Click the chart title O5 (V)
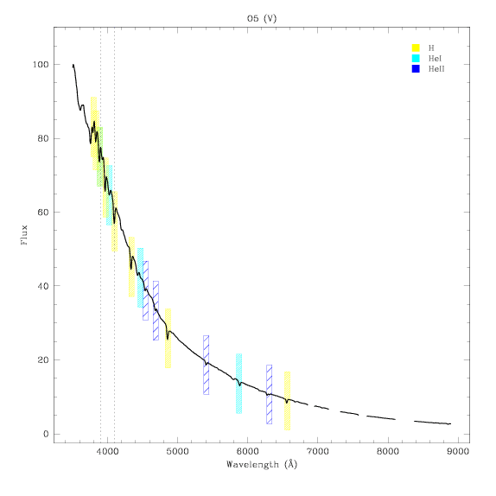pyautogui.click(x=262, y=19)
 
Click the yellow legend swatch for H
pyautogui.click(x=416, y=48)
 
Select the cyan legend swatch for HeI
pyautogui.click(x=416, y=58)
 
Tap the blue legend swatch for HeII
pyautogui.click(x=416, y=68)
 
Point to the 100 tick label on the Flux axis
pyautogui.click(x=41, y=65)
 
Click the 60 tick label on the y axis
pyautogui.click(x=43, y=213)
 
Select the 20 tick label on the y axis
pyautogui.click(x=43, y=360)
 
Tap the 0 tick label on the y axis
pyautogui.click(x=46, y=434)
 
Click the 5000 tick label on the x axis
pyautogui.click(x=177, y=451)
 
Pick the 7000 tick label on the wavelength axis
pyautogui.click(x=317, y=451)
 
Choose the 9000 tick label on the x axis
pyautogui.click(x=457, y=451)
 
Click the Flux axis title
pyautogui.click(x=24, y=235)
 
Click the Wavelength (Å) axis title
pyautogui.click(x=262, y=465)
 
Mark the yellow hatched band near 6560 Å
pyautogui.click(x=287, y=401)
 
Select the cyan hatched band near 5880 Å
pyautogui.click(x=238, y=384)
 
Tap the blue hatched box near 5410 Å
pyautogui.click(x=206, y=365)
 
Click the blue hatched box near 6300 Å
pyautogui.click(x=270, y=394)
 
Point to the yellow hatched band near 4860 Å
pyautogui.click(x=168, y=338)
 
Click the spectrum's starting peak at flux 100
pyautogui.click(x=73, y=65)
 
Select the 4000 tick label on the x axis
pyautogui.click(x=107, y=451)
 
